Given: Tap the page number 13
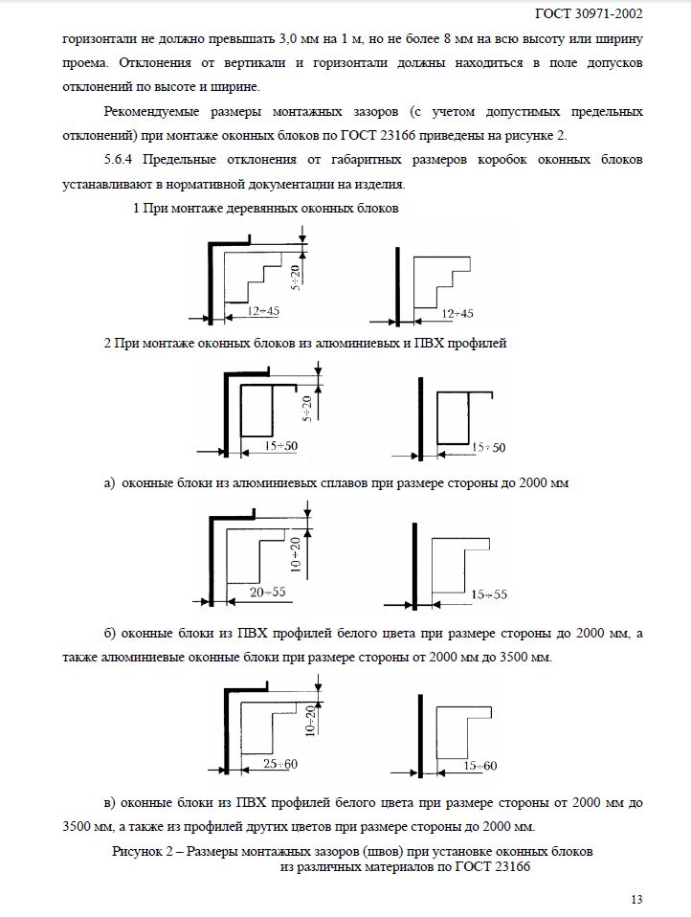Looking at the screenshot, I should [x=637, y=899].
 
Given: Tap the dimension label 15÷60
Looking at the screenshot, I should [x=479, y=766].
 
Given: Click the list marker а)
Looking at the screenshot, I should [x=110, y=483].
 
